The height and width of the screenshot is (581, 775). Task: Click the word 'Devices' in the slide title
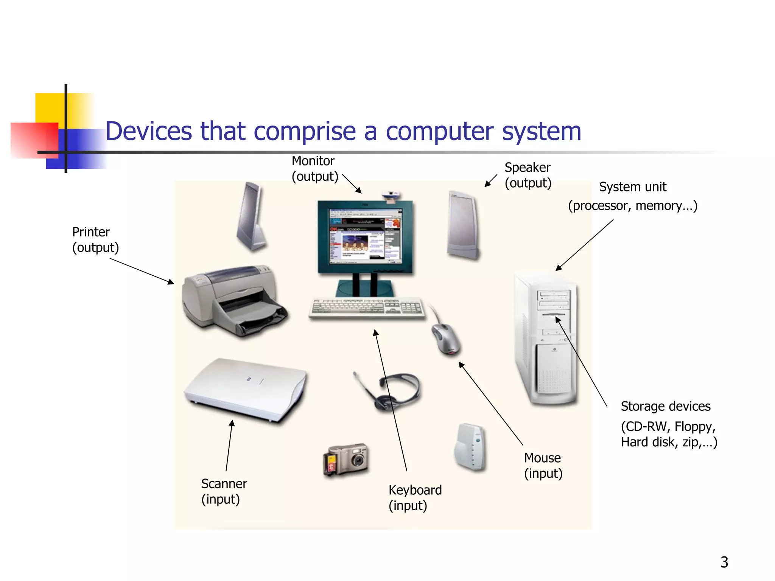[149, 131]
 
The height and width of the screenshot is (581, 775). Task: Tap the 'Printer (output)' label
[95, 240]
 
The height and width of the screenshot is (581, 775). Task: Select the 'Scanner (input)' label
[224, 491]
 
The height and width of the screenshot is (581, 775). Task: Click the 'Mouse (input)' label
[543, 466]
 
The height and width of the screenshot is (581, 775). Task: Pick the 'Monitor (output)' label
[314, 169]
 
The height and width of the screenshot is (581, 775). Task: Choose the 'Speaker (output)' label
[528, 175]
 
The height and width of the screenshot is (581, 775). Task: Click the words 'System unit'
[632, 187]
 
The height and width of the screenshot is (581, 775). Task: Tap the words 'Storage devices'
[665, 406]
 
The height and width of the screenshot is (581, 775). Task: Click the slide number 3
[724, 562]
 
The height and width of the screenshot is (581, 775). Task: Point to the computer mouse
[446, 338]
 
